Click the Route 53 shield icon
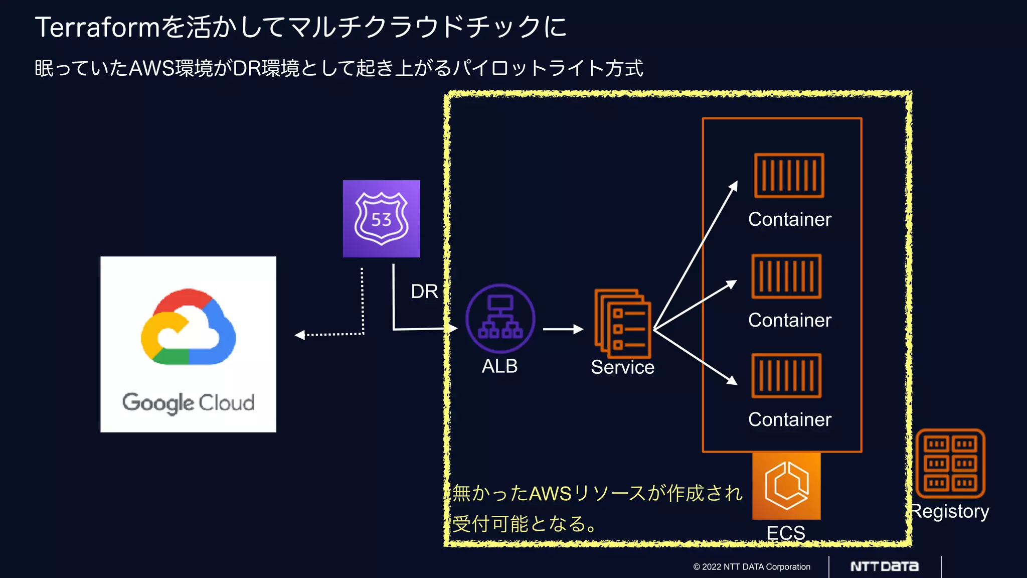pyautogui.click(x=381, y=219)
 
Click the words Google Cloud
pyautogui.click(x=188, y=402)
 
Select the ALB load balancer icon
pyautogui.click(x=500, y=319)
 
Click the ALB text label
pyautogui.click(x=499, y=366)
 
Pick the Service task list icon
pyautogui.click(x=622, y=324)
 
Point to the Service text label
pyautogui.click(x=622, y=367)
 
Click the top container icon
pyautogui.click(x=789, y=176)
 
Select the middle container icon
pyautogui.click(x=786, y=276)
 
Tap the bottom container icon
pyautogui.click(x=786, y=376)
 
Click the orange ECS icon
pyautogui.click(x=786, y=486)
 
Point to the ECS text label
pyautogui.click(x=786, y=532)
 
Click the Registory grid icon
pyautogui.click(x=950, y=463)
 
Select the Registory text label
pyautogui.click(x=950, y=511)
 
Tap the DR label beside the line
pyautogui.click(x=424, y=292)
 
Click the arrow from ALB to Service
pyautogui.click(x=563, y=329)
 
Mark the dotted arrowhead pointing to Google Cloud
pyautogui.click(x=300, y=335)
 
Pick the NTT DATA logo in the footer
pyautogui.click(x=885, y=566)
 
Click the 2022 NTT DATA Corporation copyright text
pyautogui.click(x=752, y=567)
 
